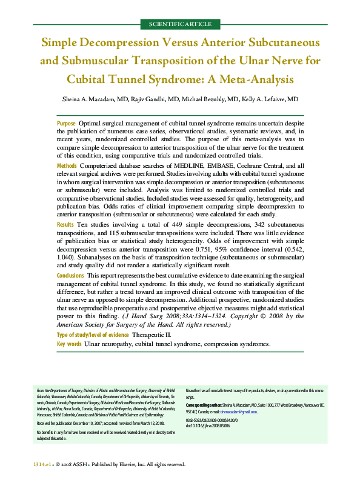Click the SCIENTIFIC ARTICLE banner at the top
point(179,24)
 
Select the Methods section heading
point(67,165)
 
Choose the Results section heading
point(65,224)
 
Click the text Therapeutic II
point(152,335)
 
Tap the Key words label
point(69,344)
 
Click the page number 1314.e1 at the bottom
point(43,464)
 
